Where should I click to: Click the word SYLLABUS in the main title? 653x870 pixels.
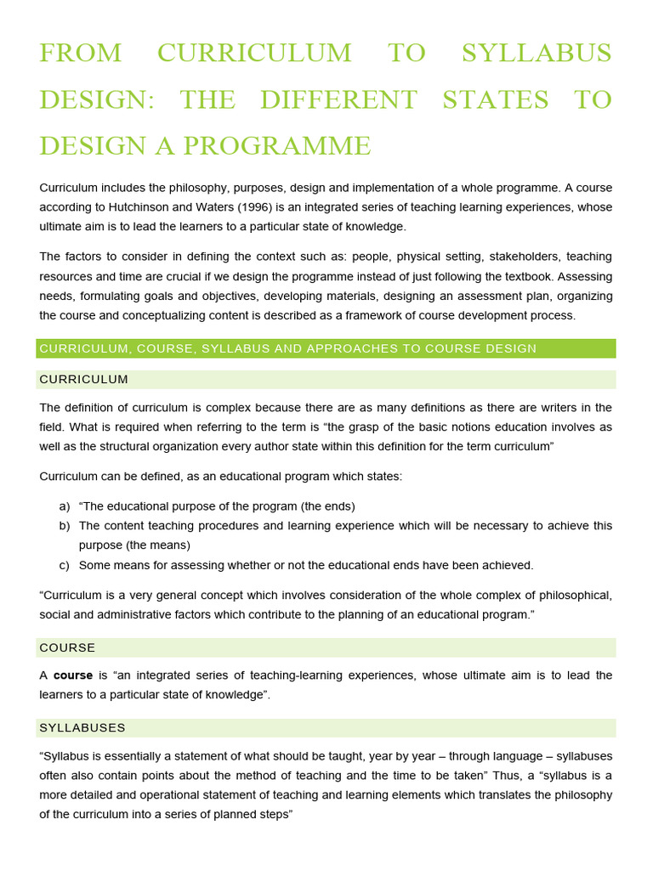(536, 53)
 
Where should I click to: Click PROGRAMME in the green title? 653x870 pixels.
(280, 145)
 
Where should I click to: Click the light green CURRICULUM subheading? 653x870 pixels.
(84, 379)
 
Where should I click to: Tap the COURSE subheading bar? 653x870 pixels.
(67, 647)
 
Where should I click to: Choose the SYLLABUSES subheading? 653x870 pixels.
(82, 727)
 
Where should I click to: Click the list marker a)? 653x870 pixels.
(65, 506)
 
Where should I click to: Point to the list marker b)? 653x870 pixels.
(65, 526)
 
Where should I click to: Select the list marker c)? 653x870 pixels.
(65, 565)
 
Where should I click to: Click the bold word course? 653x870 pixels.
(73, 675)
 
